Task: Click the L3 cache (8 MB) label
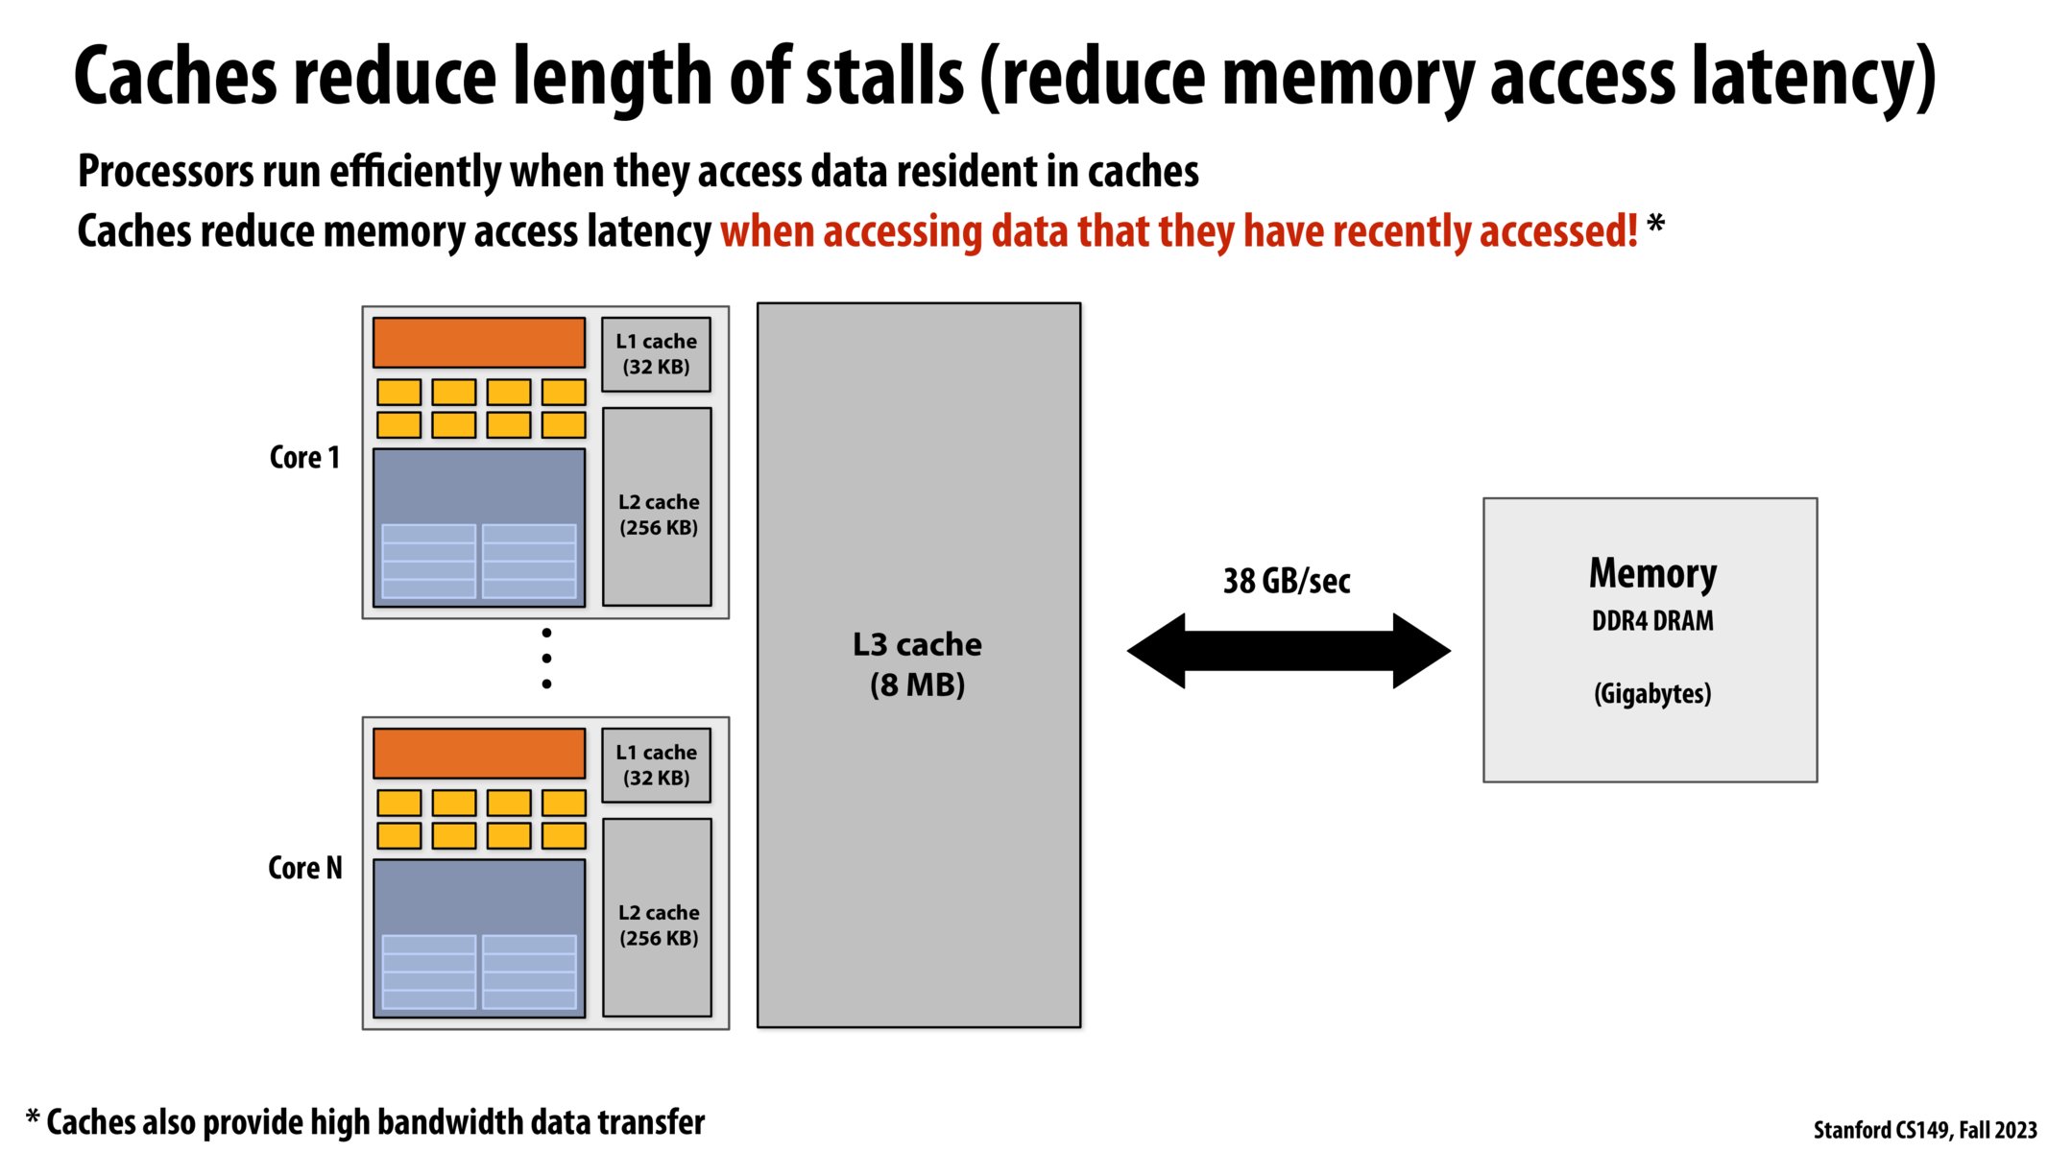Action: (917, 664)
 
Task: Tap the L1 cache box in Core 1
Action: (656, 354)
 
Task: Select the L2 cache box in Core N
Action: (658, 919)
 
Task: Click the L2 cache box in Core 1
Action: (658, 508)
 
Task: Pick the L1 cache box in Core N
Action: (656, 765)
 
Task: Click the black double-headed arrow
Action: (1289, 651)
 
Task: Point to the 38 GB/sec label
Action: (1287, 581)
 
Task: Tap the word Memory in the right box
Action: (1652, 573)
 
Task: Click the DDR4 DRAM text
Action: (1652, 621)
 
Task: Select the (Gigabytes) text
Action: (1652, 693)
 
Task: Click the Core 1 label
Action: (304, 457)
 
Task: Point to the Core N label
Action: (304, 868)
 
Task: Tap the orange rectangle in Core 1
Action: (479, 343)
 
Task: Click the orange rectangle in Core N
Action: (479, 754)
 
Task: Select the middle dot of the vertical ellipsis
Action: (546, 659)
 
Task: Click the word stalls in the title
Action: (883, 77)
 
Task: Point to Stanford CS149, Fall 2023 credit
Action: (1924, 1130)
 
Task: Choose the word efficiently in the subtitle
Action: (416, 172)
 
